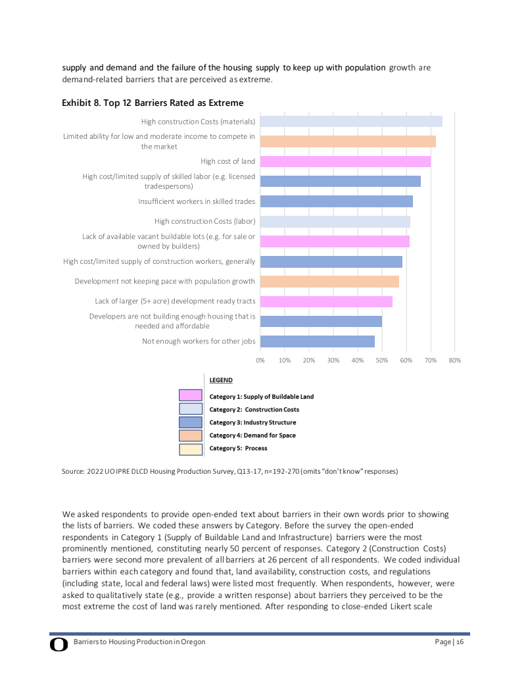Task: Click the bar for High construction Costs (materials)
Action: (351, 121)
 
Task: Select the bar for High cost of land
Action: (345, 161)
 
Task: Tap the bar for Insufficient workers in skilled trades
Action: (337, 201)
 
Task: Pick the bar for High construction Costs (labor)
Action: (335, 221)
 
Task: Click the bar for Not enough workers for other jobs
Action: (318, 341)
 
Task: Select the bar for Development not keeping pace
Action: (329, 282)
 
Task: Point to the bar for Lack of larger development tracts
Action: (326, 301)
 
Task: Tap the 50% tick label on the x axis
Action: (382, 361)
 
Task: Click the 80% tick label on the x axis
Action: (455, 361)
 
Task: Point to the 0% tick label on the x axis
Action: (260, 361)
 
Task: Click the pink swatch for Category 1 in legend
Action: (191, 395)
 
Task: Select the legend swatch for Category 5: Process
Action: (191, 449)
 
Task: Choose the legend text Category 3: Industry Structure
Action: (252, 422)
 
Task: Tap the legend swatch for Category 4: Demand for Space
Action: (191, 436)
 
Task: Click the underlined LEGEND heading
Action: (221, 380)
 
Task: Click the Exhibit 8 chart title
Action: (153, 103)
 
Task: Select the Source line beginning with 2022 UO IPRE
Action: (230, 471)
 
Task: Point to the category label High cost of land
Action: (227, 161)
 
